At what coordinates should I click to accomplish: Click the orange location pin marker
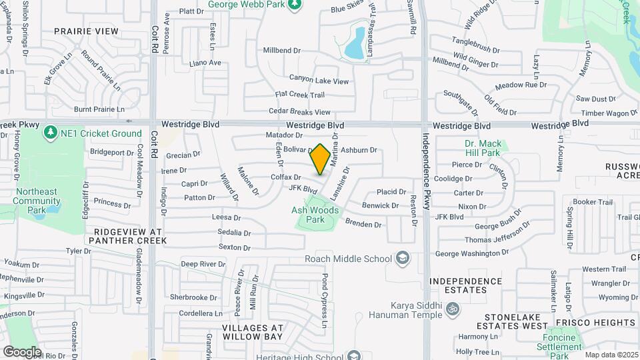click(320, 159)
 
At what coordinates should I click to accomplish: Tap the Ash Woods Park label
click(315, 215)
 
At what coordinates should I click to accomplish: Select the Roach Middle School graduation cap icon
click(403, 258)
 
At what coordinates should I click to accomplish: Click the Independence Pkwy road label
click(425, 169)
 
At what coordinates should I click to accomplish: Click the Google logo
click(22, 351)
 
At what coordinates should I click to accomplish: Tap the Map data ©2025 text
click(611, 355)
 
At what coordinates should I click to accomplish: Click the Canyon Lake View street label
click(319, 81)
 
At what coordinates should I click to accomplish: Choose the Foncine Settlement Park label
click(560, 342)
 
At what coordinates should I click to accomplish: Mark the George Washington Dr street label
click(472, 253)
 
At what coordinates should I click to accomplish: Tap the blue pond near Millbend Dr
click(355, 43)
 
